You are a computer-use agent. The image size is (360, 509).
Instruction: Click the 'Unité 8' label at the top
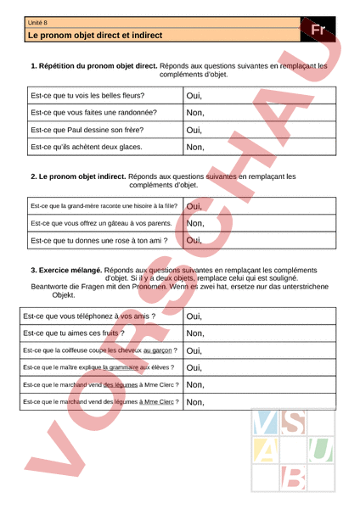point(37,22)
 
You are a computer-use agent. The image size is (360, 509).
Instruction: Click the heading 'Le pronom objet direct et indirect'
point(94,36)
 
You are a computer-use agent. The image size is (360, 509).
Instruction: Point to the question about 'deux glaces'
point(86,147)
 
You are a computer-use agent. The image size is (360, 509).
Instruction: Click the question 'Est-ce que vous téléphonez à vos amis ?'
point(88,316)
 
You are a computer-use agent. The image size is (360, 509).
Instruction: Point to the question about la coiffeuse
point(100,350)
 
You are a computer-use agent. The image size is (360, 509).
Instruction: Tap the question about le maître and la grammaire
point(98,366)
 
